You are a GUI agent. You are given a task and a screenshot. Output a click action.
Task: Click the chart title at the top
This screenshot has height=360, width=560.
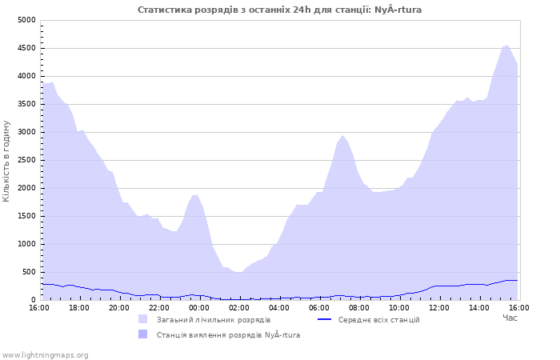pos(279,10)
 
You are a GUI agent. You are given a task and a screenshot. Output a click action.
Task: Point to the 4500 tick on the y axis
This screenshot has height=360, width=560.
pos(26,48)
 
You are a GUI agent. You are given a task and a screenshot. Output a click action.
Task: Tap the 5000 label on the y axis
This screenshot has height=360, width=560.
pos(26,20)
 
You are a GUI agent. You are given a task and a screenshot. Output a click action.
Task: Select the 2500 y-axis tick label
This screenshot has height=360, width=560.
pos(26,160)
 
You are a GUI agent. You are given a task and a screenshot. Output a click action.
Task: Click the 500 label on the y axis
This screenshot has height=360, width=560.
pos(29,272)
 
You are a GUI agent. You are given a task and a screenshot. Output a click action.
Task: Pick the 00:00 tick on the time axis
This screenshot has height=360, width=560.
pos(199,308)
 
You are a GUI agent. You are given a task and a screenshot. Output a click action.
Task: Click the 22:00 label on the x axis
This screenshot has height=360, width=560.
pos(159,308)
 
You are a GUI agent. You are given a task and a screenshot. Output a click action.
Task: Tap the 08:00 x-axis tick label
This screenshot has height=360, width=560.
pos(359,308)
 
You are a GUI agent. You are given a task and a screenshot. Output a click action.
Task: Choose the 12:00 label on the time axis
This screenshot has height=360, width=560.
pos(439,308)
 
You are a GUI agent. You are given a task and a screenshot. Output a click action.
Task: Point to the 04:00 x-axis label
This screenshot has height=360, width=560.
pos(279,308)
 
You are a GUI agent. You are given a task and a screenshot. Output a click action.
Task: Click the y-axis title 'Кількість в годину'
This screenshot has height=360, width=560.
pos(6,161)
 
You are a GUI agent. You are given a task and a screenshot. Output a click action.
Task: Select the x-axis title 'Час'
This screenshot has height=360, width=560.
pos(510,318)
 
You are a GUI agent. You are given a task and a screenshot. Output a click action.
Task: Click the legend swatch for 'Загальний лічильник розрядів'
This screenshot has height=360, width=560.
pos(143,319)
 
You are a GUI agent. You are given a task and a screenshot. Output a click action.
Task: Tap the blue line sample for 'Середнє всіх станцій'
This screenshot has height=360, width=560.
pos(324,319)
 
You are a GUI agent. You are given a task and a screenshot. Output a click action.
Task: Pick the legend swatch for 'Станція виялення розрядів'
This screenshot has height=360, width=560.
pos(143,334)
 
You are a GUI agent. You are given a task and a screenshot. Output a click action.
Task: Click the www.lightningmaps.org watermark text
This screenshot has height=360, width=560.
pos(45,355)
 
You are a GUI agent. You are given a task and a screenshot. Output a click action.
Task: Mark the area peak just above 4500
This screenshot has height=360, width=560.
pos(507,46)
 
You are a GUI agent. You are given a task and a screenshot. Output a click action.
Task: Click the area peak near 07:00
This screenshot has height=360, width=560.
pos(342,135)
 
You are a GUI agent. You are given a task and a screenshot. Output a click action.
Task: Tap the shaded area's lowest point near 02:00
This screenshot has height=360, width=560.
pos(238,272)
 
